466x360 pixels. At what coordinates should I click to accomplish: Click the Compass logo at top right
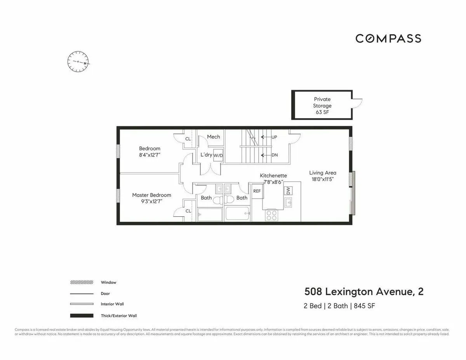pyautogui.click(x=388, y=38)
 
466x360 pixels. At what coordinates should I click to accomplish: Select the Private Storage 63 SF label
pyautogui.click(x=322, y=106)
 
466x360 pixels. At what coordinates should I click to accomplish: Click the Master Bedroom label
pyautogui.click(x=151, y=195)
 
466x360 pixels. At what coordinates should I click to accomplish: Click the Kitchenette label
pyautogui.click(x=273, y=176)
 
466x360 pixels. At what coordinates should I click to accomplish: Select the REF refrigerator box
pyautogui.click(x=257, y=191)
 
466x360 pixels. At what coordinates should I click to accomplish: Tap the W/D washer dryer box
pyautogui.click(x=218, y=155)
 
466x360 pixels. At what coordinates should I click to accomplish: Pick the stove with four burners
pyautogui.click(x=271, y=215)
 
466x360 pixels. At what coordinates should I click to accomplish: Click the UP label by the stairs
pyautogui.click(x=274, y=137)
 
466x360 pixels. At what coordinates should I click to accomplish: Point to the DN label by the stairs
pyautogui.click(x=275, y=155)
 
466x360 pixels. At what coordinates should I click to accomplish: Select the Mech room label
pyautogui.click(x=213, y=137)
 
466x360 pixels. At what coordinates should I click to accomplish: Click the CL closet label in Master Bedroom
pyautogui.click(x=188, y=211)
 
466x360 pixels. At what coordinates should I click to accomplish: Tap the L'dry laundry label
pyautogui.click(x=206, y=155)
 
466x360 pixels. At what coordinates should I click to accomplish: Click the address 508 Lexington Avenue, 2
pyautogui.click(x=364, y=292)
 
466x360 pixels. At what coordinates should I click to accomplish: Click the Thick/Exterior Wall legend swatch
pyautogui.click(x=82, y=316)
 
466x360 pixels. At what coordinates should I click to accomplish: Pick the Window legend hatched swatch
pyautogui.click(x=82, y=282)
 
